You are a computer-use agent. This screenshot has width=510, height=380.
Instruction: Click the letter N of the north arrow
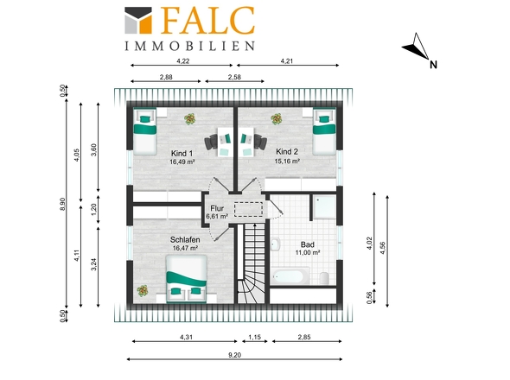point(433,65)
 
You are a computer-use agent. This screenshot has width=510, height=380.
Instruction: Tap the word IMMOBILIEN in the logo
point(190,46)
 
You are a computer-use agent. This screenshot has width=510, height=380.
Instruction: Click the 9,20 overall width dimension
point(234,355)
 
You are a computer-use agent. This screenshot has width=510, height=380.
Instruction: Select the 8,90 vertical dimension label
point(62,204)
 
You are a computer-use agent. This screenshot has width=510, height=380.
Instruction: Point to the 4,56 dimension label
point(382,248)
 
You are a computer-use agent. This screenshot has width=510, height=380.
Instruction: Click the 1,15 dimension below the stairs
point(255,337)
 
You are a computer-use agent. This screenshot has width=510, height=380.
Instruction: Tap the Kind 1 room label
point(182,154)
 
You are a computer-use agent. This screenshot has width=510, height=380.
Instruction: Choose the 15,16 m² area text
point(287,161)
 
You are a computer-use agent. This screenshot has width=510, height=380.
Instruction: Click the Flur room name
point(217,208)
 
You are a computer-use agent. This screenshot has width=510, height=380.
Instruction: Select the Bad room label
point(308,244)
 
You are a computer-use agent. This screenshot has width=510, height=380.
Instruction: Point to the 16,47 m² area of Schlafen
point(185,248)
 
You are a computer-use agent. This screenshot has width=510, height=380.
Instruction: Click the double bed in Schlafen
point(187,279)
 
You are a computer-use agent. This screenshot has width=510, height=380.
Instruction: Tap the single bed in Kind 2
point(324,131)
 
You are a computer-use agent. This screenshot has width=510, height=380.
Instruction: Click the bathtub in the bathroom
point(290,276)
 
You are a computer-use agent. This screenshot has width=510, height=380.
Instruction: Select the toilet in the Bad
point(324,278)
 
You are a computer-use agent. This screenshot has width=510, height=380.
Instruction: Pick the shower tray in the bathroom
point(324,206)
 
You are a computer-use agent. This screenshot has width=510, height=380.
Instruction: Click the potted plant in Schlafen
point(143,290)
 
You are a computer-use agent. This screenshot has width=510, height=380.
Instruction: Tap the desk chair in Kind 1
point(211,142)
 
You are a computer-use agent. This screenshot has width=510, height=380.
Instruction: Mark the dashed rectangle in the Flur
point(248,209)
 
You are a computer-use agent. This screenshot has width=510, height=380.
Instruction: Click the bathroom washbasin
point(275,244)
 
